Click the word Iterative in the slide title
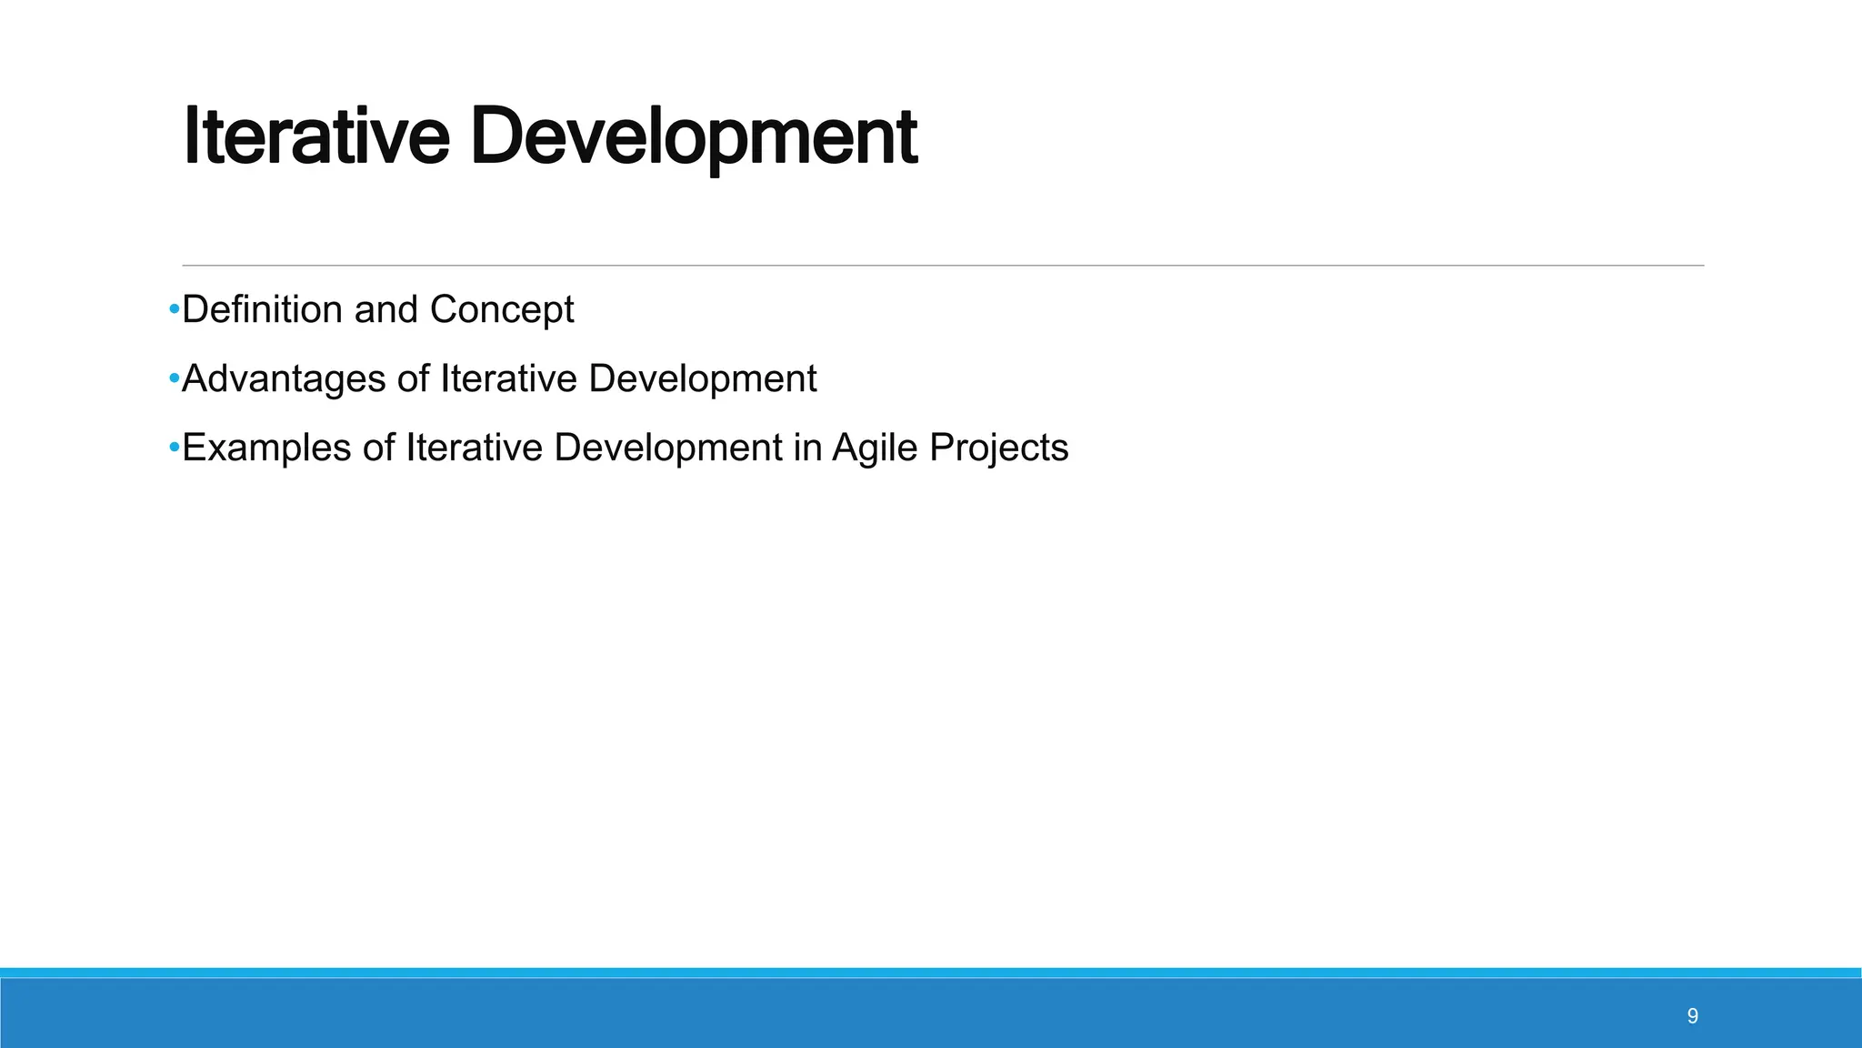[x=316, y=136]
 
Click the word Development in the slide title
[x=693, y=136]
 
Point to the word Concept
[x=501, y=309]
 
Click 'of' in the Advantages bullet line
[x=413, y=378]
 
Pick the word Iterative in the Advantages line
[x=508, y=378]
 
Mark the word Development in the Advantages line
[x=703, y=378]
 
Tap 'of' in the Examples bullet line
[x=378, y=448]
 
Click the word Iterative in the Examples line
[x=474, y=448]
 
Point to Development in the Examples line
[x=668, y=448]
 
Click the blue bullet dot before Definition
[x=174, y=310]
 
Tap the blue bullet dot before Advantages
[x=174, y=379]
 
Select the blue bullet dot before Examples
[x=174, y=448]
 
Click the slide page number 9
[x=1692, y=1016]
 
